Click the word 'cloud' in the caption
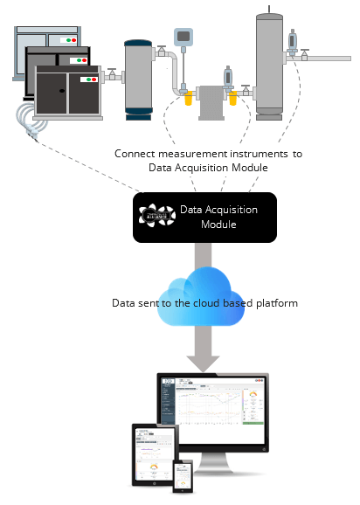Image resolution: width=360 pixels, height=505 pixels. (209, 303)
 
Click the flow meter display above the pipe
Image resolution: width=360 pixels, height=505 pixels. (184, 36)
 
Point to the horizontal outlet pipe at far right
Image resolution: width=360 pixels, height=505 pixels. (332, 58)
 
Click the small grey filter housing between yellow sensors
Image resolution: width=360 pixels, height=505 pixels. (211, 101)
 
